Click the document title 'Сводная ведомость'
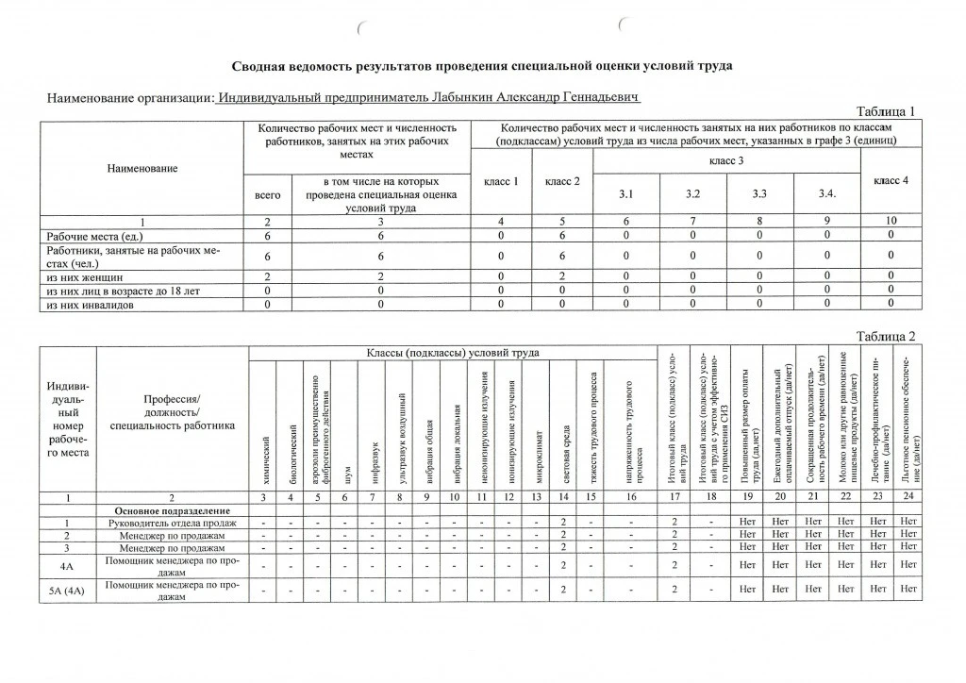coord(481,66)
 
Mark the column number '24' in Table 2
coord(909,497)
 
